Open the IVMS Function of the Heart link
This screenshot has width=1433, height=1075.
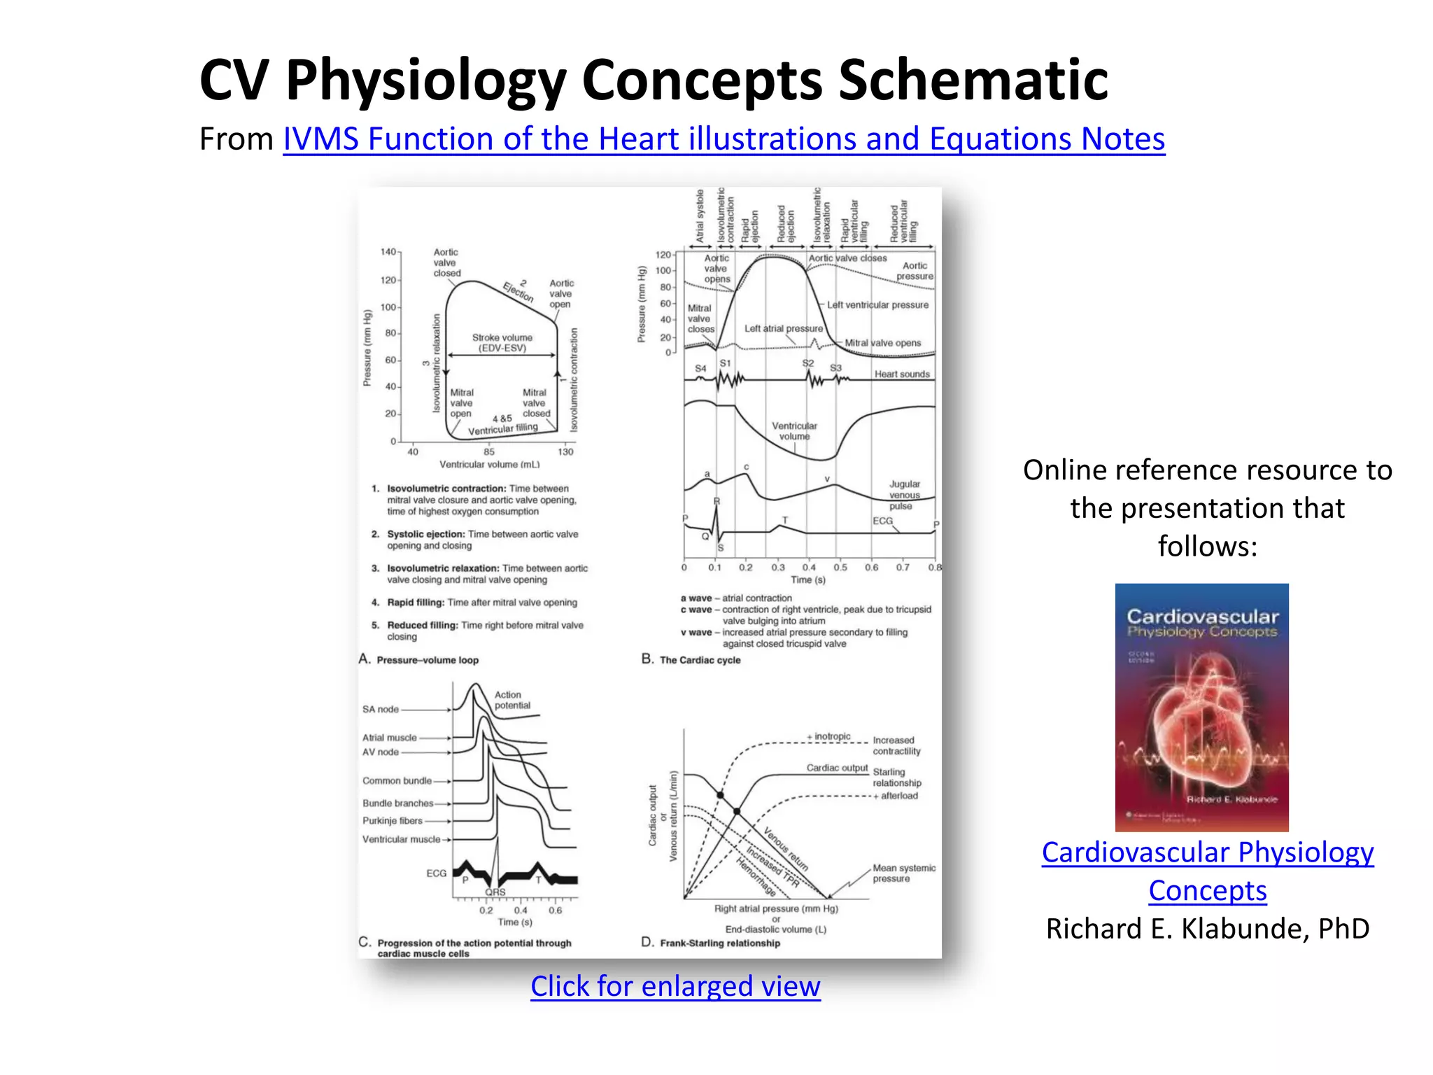(x=723, y=139)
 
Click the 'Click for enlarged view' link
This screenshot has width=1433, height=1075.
(x=675, y=986)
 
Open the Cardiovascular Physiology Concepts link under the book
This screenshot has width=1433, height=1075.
(x=1207, y=871)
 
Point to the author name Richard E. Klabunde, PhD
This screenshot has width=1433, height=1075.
(x=1207, y=929)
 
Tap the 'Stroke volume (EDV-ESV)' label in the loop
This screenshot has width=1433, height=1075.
(x=502, y=342)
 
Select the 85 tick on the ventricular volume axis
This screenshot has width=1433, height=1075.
(x=488, y=452)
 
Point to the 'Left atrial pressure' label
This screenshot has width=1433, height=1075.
(x=783, y=328)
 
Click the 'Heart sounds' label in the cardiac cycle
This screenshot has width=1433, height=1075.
(x=901, y=374)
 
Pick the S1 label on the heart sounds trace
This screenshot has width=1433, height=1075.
(x=725, y=363)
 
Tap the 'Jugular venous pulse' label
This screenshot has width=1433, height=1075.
(x=904, y=495)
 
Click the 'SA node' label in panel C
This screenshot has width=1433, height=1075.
(x=380, y=710)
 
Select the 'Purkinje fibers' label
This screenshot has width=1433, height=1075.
(x=392, y=821)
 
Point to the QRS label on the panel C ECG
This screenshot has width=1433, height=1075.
(x=495, y=892)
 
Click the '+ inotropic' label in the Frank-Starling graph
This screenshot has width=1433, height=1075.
(x=829, y=737)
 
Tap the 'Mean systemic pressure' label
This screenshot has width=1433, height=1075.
(x=903, y=873)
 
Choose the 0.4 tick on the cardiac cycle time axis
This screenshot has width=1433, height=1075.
(x=809, y=568)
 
